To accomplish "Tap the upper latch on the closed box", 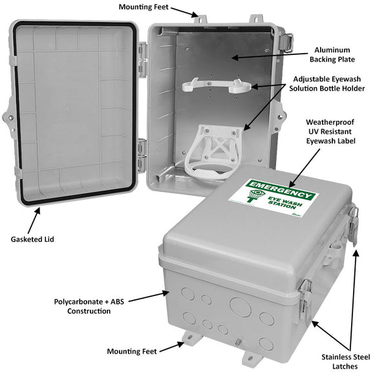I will click(353, 223).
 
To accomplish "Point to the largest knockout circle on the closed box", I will click(239, 304).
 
